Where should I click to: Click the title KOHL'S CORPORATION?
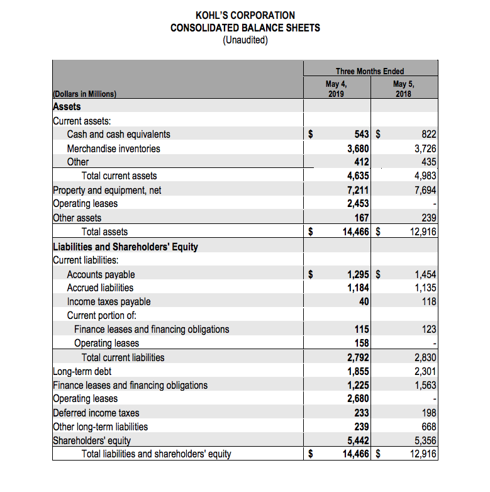(245, 15)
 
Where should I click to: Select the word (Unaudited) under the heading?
(245, 40)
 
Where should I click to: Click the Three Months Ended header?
(370, 71)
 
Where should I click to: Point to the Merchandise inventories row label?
(113, 148)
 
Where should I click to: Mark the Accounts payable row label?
(101, 274)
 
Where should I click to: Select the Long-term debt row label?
(82, 371)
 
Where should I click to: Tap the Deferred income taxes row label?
(96, 413)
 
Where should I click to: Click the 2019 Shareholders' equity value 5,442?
(357, 440)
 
